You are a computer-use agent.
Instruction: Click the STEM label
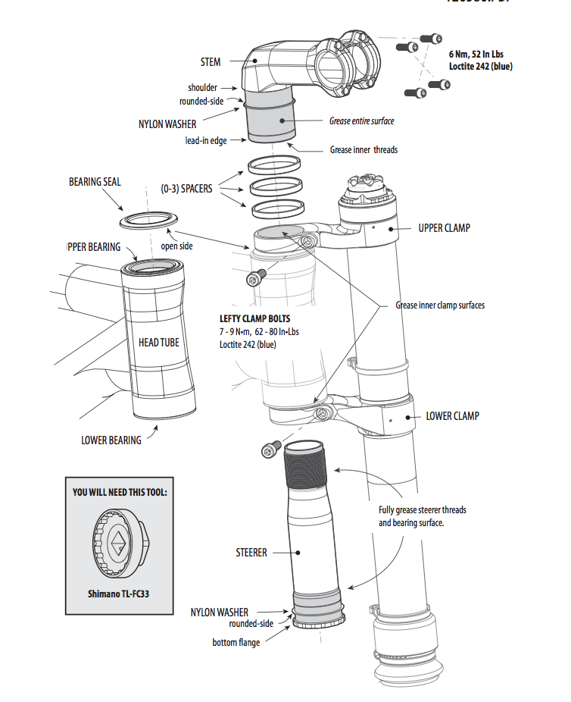point(211,61)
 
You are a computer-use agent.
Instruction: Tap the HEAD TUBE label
point(159,343)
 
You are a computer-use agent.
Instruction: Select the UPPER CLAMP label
point(444,227)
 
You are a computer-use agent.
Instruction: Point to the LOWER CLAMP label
point(452,415)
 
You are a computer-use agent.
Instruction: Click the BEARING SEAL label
point(95,182)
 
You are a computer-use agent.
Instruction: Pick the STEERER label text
point(251,553)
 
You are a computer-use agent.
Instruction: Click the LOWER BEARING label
point(111,440)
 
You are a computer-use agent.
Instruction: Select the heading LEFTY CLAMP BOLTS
point(254,319)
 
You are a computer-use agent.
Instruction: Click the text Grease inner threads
point(364,149)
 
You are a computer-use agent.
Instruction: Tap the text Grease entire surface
point(361,121)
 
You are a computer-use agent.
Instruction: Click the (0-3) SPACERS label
point(186,188)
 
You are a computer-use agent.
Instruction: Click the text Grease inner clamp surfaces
point(440,306)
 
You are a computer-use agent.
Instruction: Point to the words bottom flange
point(236,642)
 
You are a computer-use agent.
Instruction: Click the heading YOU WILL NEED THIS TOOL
point(120,492)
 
